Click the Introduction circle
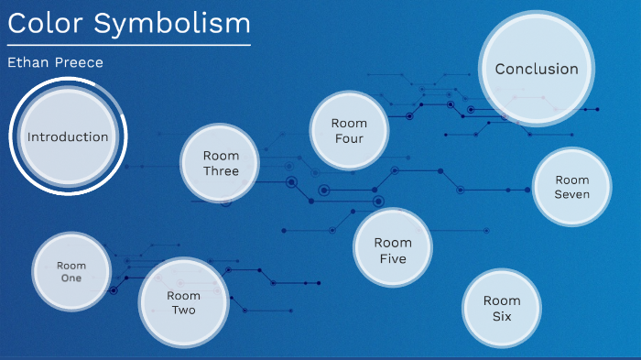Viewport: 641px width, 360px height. point(68,137)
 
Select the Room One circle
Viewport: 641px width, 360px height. point(71,272)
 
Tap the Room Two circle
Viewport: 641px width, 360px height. point(183,302)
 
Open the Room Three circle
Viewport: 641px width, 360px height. point(221,163)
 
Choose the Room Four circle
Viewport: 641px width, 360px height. point(349,131)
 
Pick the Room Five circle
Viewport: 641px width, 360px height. point(393,250)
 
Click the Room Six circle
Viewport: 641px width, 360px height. point(502,308)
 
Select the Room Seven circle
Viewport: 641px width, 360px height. point(572,187)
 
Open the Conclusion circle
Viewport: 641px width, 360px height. point(537,69)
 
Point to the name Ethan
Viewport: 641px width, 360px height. point(28,62)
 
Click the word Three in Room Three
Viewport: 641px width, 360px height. point(221,171)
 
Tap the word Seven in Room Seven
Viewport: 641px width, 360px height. point(572,194)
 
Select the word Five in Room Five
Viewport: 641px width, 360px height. point(393,258)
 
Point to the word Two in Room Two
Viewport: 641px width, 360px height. point(183,310)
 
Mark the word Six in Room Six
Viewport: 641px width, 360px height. point(502,316)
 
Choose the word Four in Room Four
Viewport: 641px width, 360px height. point(349,139)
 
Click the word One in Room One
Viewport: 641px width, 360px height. point(71,278)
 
